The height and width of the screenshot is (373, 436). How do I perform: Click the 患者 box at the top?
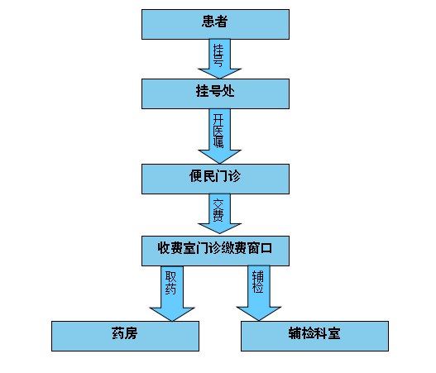[x=215, y=25]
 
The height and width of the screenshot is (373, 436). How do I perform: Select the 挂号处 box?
[x=215, y=93]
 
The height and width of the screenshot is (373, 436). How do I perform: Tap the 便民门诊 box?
[x=215, y=179]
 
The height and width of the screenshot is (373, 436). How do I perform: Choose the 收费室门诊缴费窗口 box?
[x=215, y=251]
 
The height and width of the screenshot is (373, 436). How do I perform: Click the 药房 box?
[x=125, y=336]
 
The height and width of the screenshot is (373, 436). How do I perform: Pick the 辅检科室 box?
[x=314, y=336]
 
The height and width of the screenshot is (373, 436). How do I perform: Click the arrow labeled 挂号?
[x=220, y=59]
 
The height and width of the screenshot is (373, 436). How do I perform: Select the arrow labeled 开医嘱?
[x=220, y=136]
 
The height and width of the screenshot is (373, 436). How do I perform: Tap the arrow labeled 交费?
[x=220, y=213]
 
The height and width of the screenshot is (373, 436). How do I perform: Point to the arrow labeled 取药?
[x=172, y=294]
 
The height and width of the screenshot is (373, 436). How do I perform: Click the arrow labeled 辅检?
[x=259, y=294]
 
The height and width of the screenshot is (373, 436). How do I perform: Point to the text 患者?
[x=214, y=22]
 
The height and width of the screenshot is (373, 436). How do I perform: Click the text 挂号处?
[x=215, y=91]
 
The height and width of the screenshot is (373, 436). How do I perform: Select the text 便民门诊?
[x=215, y=176]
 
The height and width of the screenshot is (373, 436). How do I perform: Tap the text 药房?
[x=125, y=333]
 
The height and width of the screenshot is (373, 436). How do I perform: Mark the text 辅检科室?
[x=314, y=333]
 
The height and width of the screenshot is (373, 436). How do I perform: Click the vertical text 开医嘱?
[x=218, y=131]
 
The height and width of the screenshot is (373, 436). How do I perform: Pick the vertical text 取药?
[x=170, y=283]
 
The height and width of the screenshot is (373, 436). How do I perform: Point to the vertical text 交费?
[x=218, y=210]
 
